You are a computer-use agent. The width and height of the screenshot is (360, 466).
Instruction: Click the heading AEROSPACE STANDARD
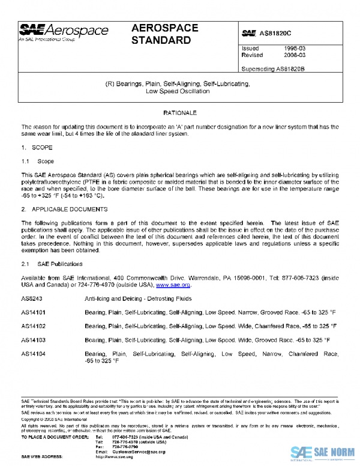tap(161, 35)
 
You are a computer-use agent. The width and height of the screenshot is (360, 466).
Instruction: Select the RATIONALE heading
tap(180, 113)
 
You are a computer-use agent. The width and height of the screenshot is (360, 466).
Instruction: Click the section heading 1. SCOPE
tap(33, 147)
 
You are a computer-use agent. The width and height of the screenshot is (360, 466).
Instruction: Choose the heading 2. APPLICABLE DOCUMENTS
tap(64, 209)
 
